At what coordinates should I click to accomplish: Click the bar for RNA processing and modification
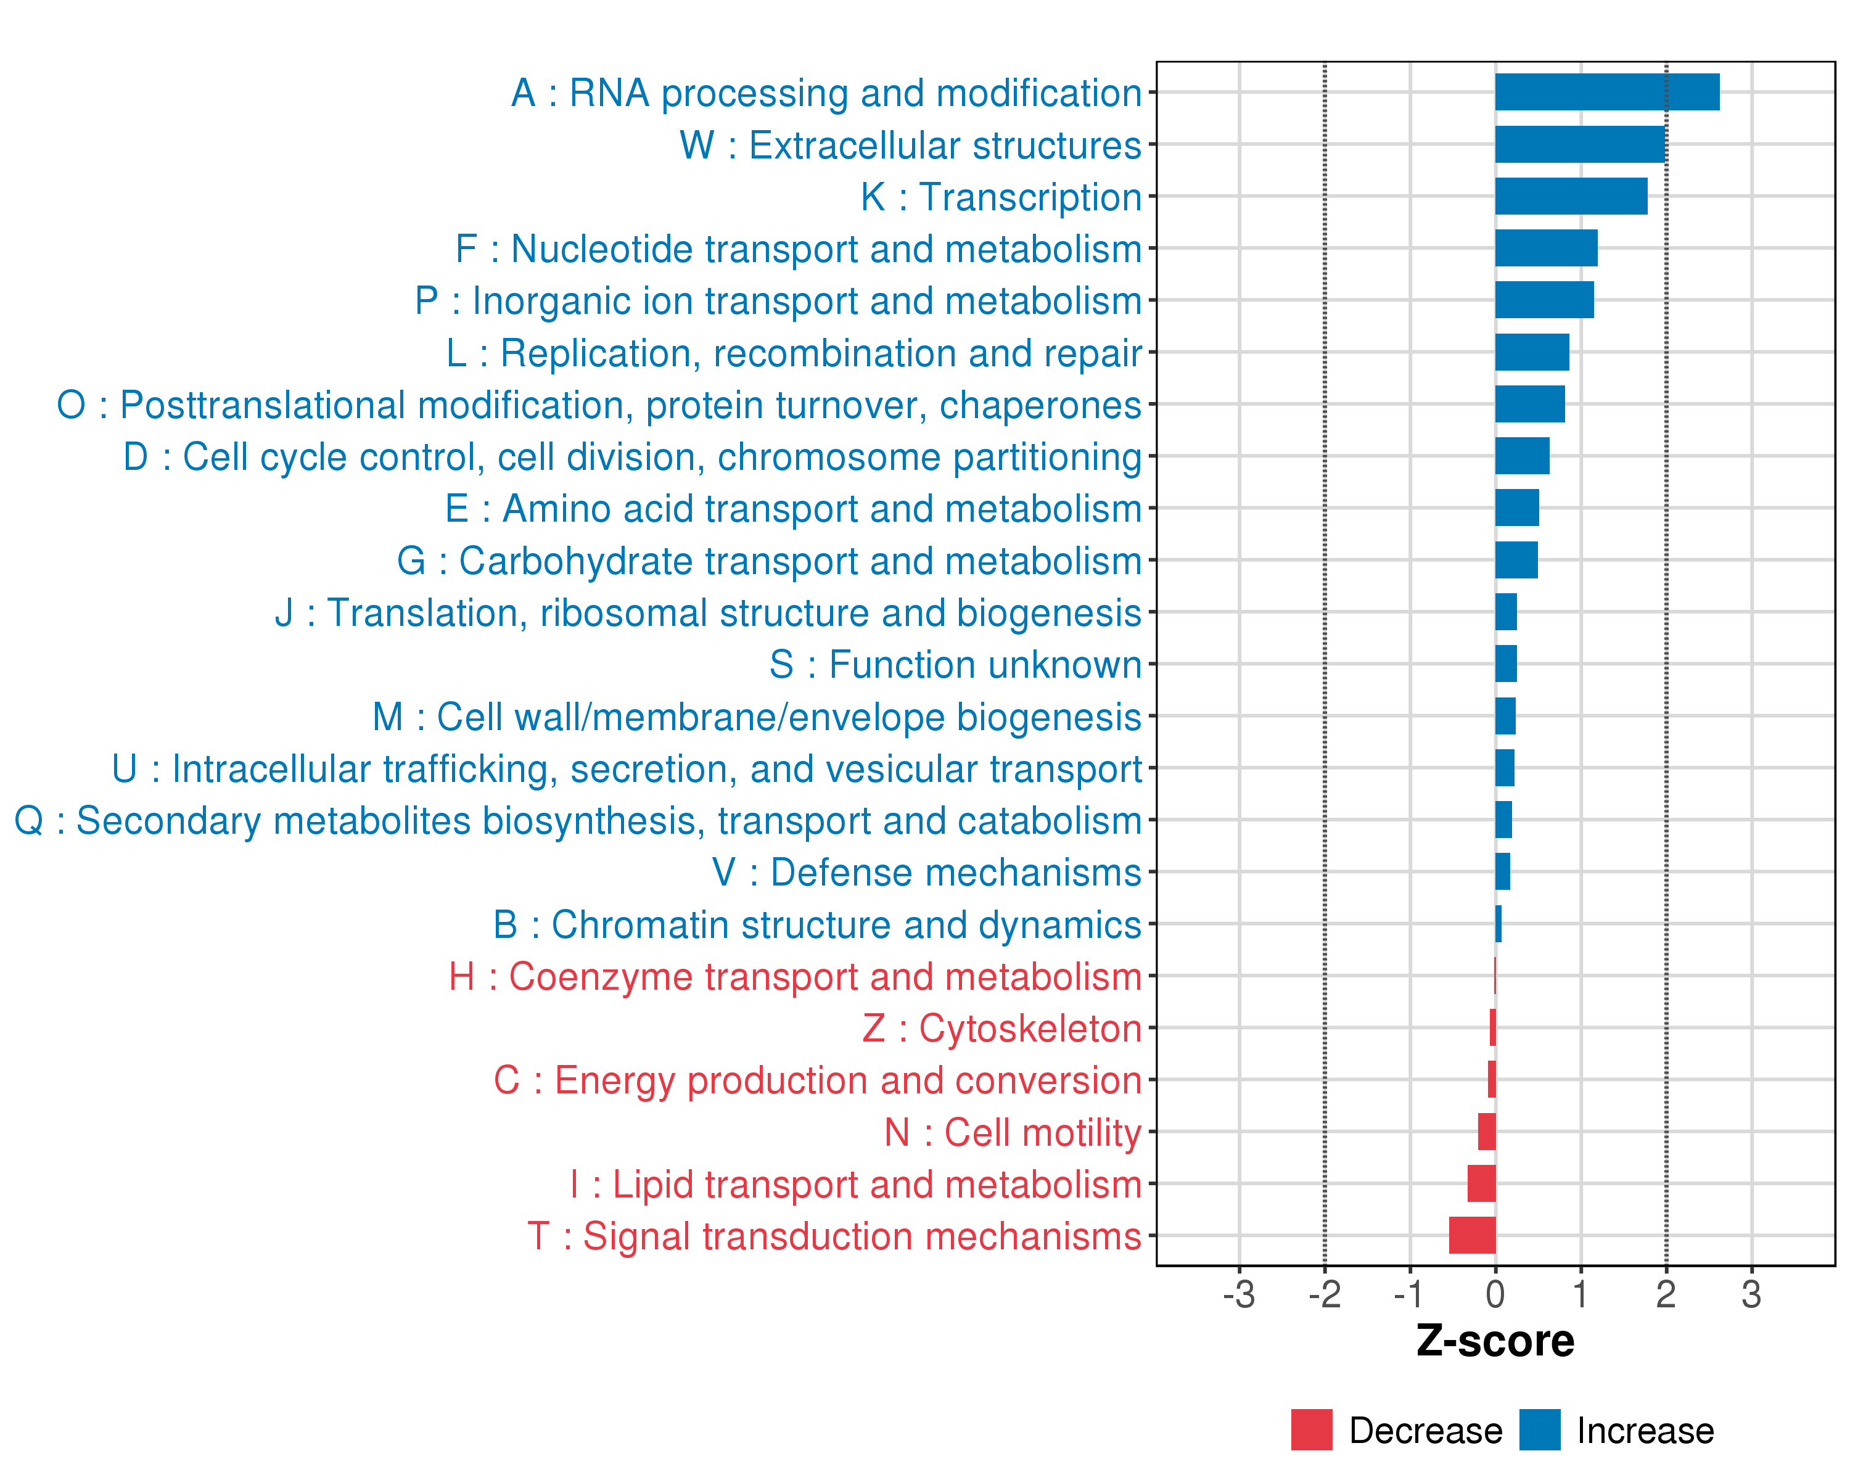[x=1606, y=92]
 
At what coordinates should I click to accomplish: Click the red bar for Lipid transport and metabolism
[x=1481, y=1183]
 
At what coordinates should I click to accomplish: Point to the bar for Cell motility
[x=1486, y=1132]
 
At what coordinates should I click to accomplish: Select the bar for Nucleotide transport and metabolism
[x=1545, y=248]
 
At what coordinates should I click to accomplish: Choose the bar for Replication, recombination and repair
[x=1532, y=351]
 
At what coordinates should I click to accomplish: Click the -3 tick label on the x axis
[x=1239, y=1294]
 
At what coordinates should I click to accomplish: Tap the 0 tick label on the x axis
[x=1495, y=1294]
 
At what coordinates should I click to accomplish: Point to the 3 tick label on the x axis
[x=1751, y=1294]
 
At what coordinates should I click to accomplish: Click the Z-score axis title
[x=1495, y=1341]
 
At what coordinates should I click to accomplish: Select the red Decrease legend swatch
[x=1311, y=1430]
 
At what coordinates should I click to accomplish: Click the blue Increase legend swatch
[x=1539, y=1430]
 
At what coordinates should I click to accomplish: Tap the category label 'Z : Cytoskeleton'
[x=1001, y=1029]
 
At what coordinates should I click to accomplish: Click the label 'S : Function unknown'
[x=955, y=665]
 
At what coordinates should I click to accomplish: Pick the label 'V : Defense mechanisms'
[x=927, y=873]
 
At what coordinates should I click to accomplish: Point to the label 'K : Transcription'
[x=1000, y=197]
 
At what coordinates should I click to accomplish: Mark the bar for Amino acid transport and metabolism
[x=1516, y=508]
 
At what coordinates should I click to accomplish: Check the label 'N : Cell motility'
[x=1013, y=1133]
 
